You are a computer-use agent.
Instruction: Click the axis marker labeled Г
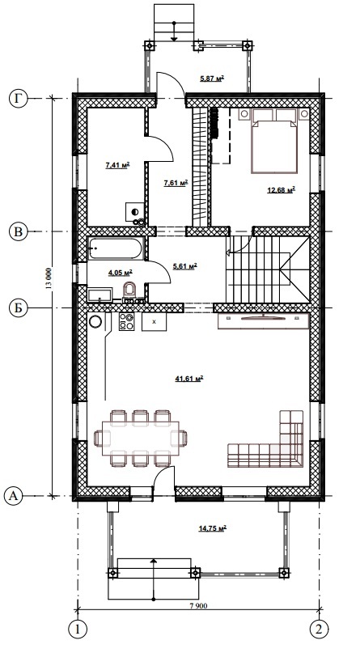coord(19,99)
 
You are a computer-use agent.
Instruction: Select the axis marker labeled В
coord(19,231)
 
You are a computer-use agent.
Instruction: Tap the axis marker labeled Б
coord(19,308)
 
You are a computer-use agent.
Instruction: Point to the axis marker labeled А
coord(14,496)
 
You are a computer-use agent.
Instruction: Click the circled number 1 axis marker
coord(78,629)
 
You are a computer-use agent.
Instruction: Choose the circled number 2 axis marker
coord(320,629)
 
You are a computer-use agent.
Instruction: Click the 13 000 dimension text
coord(49,278)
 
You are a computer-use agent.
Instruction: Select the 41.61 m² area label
coord(189,379)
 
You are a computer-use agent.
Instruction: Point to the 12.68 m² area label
coord(281,190)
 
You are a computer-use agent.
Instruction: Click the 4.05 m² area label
coord(121,273)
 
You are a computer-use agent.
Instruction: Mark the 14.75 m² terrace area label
coord(212,528)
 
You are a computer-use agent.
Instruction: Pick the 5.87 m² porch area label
coord(212,78)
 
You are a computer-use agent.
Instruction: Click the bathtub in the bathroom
coord(116,248)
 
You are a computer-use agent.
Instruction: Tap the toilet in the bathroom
coord(130,290)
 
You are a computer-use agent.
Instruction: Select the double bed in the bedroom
coord(274,141)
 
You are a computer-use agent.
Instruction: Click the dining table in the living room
coord(140,438)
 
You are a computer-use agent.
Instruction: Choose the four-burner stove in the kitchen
coord(126,321)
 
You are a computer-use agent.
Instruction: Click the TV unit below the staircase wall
coord(264,321)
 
